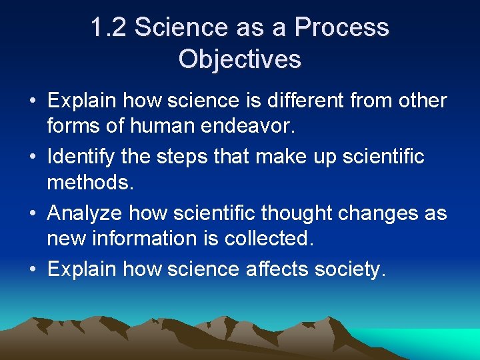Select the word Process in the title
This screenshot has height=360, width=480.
341,28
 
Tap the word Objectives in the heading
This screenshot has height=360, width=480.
240,59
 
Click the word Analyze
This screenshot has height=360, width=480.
85,213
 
